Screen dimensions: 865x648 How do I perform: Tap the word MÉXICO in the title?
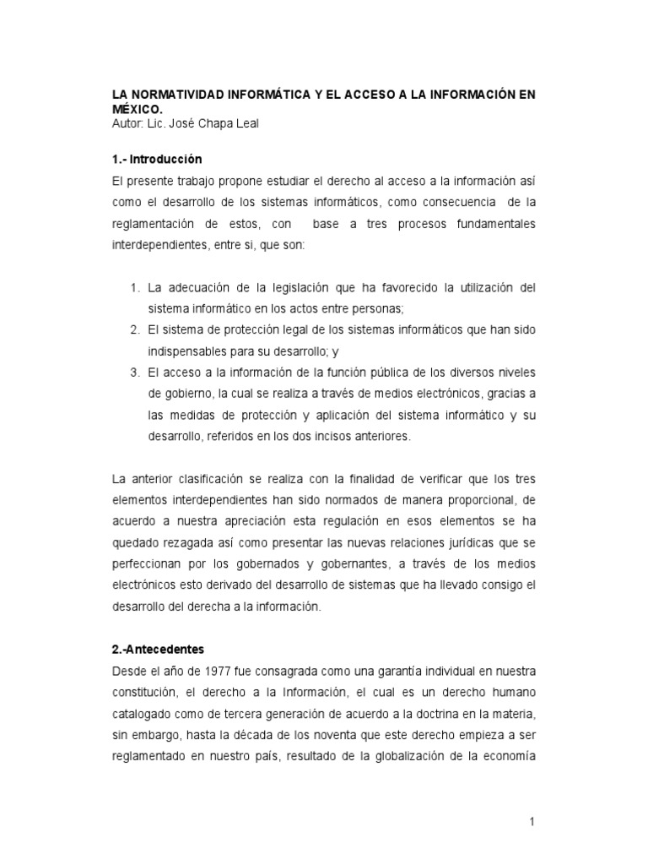[x=138, y=109]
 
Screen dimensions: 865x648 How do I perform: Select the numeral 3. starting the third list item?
[x=135, y=372]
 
